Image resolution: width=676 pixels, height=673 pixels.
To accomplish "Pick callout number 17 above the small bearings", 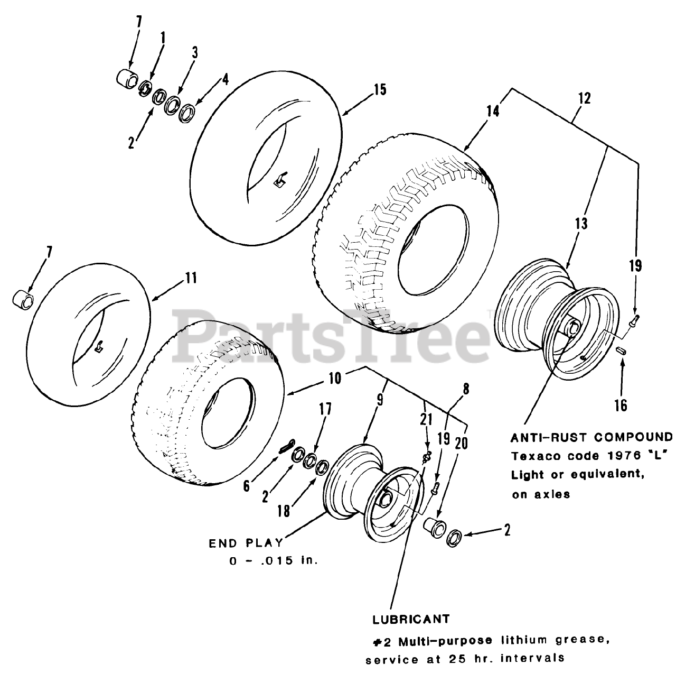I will coord(325,409).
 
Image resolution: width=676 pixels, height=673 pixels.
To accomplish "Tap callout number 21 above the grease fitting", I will coord(426,420).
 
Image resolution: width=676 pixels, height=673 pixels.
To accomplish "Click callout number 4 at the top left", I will coord(225,80).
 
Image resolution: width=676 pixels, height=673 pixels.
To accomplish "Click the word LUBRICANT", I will coord(411,619).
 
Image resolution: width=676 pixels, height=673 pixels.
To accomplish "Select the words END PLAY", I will coord(245,543).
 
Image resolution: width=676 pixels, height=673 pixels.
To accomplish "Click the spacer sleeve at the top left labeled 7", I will coord(126,78).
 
